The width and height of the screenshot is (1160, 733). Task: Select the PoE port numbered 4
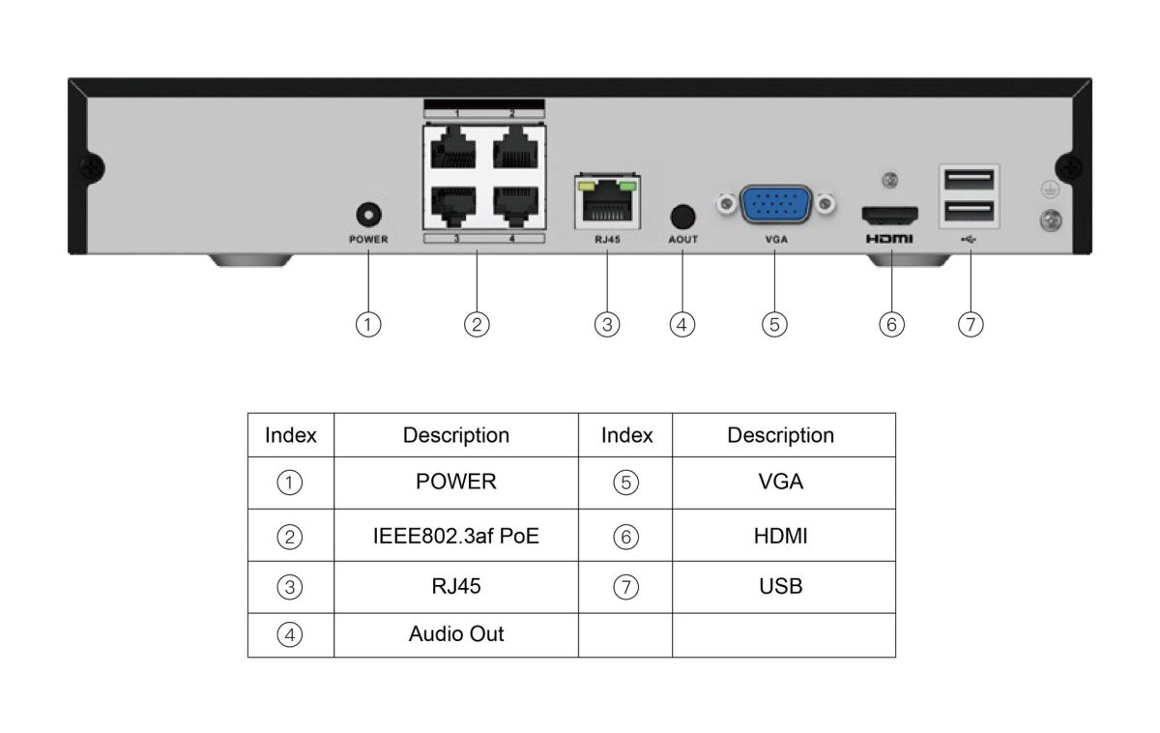[x=513, y=202]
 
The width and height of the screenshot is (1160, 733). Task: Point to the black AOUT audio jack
[x=682, y=215]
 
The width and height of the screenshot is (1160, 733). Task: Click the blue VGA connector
[x=775, y=204]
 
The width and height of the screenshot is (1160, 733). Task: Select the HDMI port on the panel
[x=889, y=213]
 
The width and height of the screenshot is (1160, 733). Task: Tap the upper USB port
[x=969, y=179]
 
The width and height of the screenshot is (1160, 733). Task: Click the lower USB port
[x=969, y=212]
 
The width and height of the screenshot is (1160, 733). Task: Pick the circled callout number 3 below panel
[x=606, y=325]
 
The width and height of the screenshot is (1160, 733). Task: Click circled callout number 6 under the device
[x=891, y=325]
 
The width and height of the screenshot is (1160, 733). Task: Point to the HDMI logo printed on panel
[x=889, y=238]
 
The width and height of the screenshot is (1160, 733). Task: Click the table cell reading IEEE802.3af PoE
[x=456, y=536]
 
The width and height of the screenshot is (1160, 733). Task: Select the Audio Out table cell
[x=456, y=634]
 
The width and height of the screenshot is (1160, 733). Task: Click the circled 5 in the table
[x=626, y=483]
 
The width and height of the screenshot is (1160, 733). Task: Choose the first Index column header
[x=291, y=435]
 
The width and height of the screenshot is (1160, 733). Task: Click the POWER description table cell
[x=456, y=483]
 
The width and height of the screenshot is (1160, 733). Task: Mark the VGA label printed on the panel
[x=775, y=239]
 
